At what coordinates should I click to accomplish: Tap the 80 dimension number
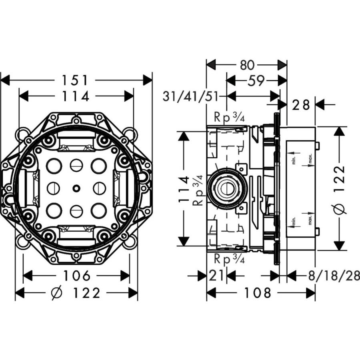[247, 65]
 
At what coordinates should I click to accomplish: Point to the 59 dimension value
[256, 80]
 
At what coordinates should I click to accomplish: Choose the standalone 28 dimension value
[300, 105]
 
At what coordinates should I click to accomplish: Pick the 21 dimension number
[216, 276]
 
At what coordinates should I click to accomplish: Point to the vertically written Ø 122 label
[340, 189]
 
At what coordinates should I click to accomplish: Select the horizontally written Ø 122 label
[76, 294]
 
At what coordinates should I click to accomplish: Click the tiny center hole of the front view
[76, 188]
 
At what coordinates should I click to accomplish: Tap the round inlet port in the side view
[226, 188]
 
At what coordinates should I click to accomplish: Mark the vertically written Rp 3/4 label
[198, 191]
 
